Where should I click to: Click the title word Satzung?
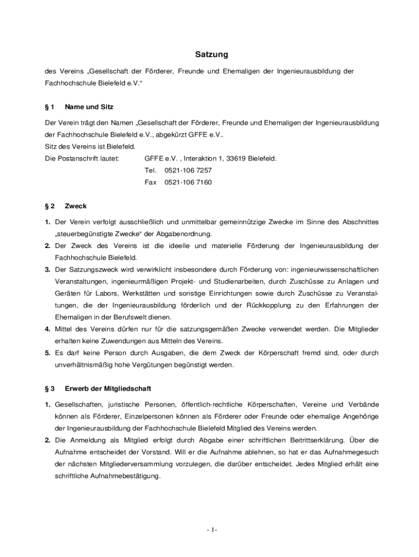(212, 55)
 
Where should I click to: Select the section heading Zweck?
(76, 206)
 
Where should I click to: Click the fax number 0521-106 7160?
(188, 182)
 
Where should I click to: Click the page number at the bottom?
(212, 530)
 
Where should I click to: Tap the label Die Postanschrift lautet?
(82, 158)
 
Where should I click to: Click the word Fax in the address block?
(150, 182)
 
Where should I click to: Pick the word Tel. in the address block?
(150, 170)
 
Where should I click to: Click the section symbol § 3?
(50, 389)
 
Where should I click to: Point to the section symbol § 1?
(50, 107)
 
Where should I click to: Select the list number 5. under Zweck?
(48, 353)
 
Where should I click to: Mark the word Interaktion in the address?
(200, 158)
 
